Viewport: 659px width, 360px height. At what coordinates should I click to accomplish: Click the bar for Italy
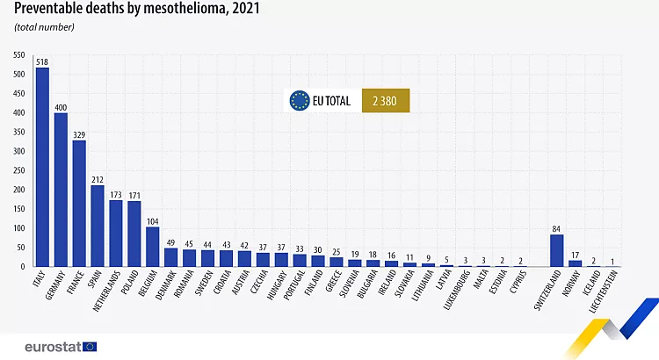42,167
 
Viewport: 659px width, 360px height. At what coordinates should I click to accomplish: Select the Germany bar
61,190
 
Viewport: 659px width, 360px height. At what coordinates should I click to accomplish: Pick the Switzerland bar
556,250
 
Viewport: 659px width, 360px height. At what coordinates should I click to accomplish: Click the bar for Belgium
153,247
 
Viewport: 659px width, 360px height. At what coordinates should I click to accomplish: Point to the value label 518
42,62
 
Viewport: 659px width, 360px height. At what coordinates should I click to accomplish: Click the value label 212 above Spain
98,180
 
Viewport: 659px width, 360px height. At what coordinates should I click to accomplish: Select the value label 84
556,229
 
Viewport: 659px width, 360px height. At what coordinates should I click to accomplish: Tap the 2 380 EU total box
386,100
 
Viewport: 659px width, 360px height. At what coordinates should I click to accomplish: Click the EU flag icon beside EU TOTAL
300,100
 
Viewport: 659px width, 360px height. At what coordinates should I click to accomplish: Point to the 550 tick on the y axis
18,55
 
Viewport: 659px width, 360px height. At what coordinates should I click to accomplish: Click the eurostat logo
62,346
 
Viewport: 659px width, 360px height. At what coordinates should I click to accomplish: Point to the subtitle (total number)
44,27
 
